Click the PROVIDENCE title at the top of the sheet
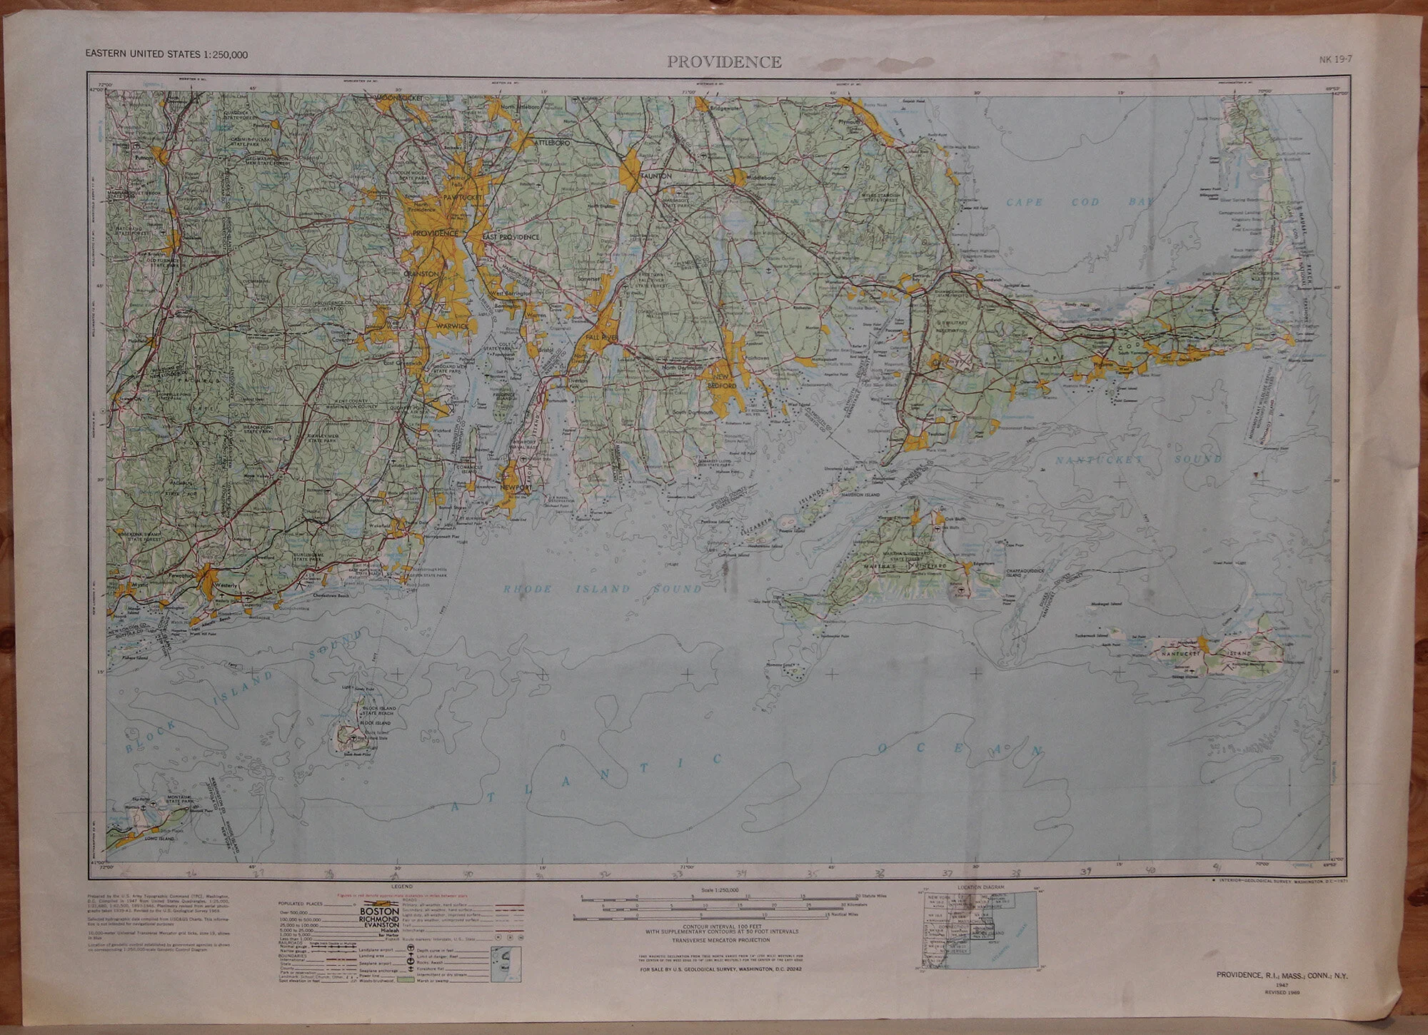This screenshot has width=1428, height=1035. click(724, 62)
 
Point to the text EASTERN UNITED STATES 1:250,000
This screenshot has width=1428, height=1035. click(166, 54)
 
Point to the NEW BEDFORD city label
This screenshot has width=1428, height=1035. click(721, 380)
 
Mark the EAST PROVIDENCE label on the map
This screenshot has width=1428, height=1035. click(510, 236)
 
